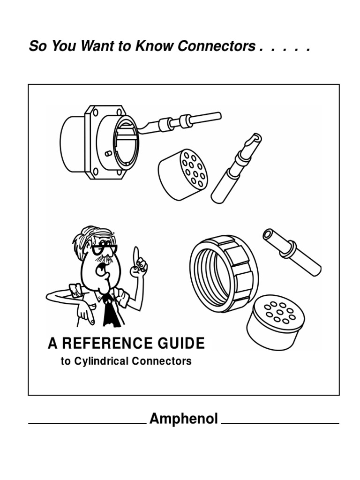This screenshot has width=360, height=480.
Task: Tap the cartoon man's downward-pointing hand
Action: tap(84, 313)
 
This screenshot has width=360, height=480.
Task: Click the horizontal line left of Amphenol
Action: tap(87, 423)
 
